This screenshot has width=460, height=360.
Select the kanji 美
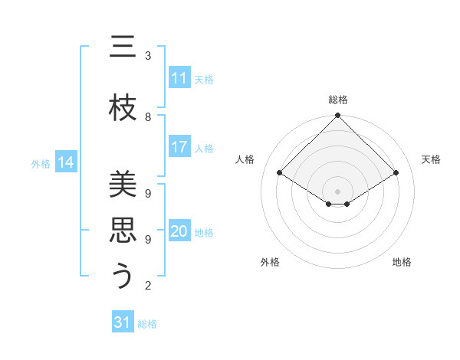[x=123, y=185]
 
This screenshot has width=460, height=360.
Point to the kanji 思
[x=123, y=231]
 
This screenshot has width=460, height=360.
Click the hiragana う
[x=123, y=276]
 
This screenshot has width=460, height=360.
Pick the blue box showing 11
[x=179, y=78]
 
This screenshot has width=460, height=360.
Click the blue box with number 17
[x=179, y=147]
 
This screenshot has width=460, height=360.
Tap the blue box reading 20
[x=179, y=231]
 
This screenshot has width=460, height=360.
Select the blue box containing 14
[x=66, y=162]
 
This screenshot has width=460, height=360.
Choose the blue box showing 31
[x=123, y=322]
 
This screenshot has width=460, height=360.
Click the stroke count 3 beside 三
[x=148, y=56]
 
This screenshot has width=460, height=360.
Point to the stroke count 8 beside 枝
[x=148, y=116]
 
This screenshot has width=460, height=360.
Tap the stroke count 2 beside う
[x=148, y=286]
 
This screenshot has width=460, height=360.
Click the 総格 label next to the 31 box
[x=147, y=324]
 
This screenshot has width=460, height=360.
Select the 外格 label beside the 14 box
[x=41, y=163]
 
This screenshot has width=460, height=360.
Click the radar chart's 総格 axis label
[x=337, y=100]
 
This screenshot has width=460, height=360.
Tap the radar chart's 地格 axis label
[x=402, y=262]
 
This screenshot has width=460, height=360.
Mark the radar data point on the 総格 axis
[x=337, y=116]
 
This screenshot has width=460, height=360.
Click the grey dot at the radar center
[x=337, y=190]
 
